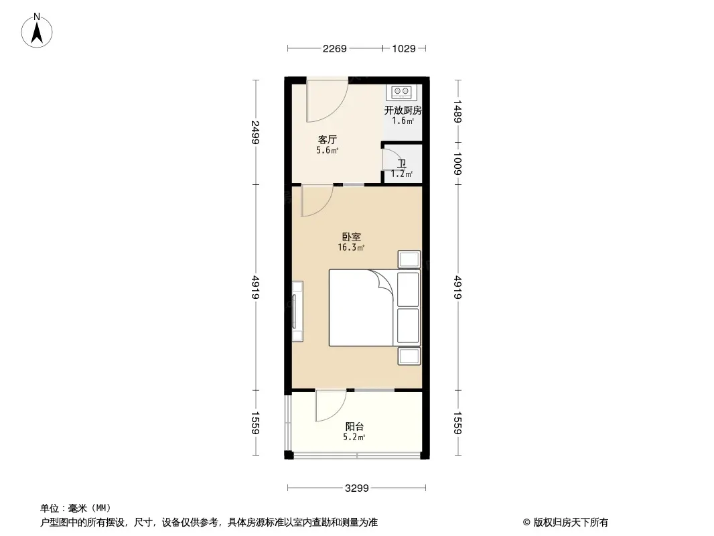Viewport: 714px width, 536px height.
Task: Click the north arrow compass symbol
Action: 37,31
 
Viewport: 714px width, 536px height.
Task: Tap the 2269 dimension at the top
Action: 335,49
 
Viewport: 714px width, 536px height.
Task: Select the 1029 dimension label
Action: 404,49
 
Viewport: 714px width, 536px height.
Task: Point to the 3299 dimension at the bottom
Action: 356,488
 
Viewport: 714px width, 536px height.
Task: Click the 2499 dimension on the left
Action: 255,132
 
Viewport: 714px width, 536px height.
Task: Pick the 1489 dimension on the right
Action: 457,112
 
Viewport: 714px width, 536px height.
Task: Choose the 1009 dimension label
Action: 457,163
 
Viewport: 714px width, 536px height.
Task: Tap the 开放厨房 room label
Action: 403,110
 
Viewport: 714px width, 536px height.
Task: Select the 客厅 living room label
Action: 328,139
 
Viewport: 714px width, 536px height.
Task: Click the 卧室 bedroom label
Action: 352,237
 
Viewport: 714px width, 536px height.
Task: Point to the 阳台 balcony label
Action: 354,427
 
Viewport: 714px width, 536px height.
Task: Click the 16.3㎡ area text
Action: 350,248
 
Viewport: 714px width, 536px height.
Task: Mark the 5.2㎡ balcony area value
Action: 354,438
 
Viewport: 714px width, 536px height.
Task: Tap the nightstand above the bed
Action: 409,259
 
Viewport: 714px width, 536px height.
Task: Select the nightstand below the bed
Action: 409,356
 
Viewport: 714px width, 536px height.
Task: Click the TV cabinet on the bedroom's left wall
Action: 297,312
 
